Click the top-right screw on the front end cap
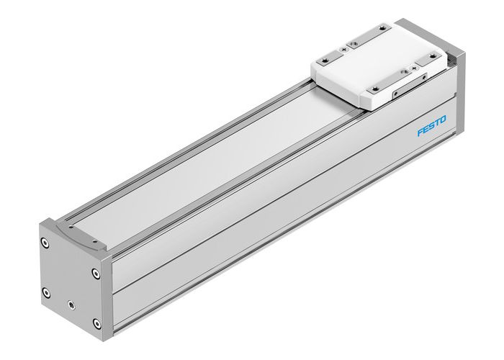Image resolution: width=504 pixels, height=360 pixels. (x=96, y=272)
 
